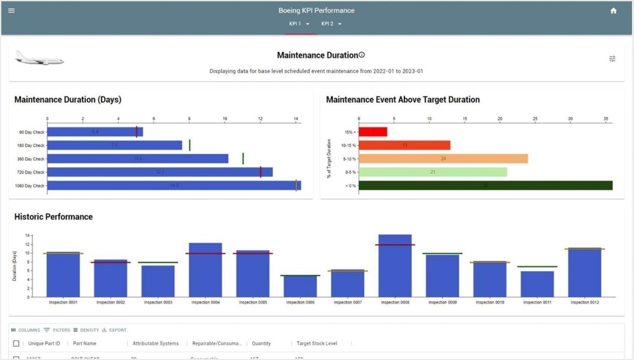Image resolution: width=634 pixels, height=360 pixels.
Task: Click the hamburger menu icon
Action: pos(11,11)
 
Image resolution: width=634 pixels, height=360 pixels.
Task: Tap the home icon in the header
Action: pos(613,11)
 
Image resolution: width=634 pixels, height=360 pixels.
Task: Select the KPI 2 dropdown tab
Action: pos(332,24)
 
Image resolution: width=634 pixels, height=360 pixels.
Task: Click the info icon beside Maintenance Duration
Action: pos(362,55)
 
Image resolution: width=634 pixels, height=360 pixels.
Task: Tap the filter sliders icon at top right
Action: pos(612,59)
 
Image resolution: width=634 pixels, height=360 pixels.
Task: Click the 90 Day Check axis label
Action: pos(30,132)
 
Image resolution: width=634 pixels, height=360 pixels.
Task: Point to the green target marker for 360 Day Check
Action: pos(243,158)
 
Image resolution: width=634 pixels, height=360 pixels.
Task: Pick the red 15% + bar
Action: pos(373,132)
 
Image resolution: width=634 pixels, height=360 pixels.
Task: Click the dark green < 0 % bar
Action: pos(485,186)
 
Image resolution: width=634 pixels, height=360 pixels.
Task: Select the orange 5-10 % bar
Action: pos(443,158)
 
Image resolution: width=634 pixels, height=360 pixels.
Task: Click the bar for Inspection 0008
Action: pos(395,266)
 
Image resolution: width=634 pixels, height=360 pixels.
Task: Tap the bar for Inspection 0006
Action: pos(300,286)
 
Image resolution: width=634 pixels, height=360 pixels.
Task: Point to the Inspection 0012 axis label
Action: pos(585,302)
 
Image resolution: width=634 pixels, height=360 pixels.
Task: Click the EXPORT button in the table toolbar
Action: pos(114,330)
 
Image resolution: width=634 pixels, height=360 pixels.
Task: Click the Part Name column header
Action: pos(85,344)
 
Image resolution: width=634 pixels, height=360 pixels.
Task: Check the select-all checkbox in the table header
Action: pos(16,344)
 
